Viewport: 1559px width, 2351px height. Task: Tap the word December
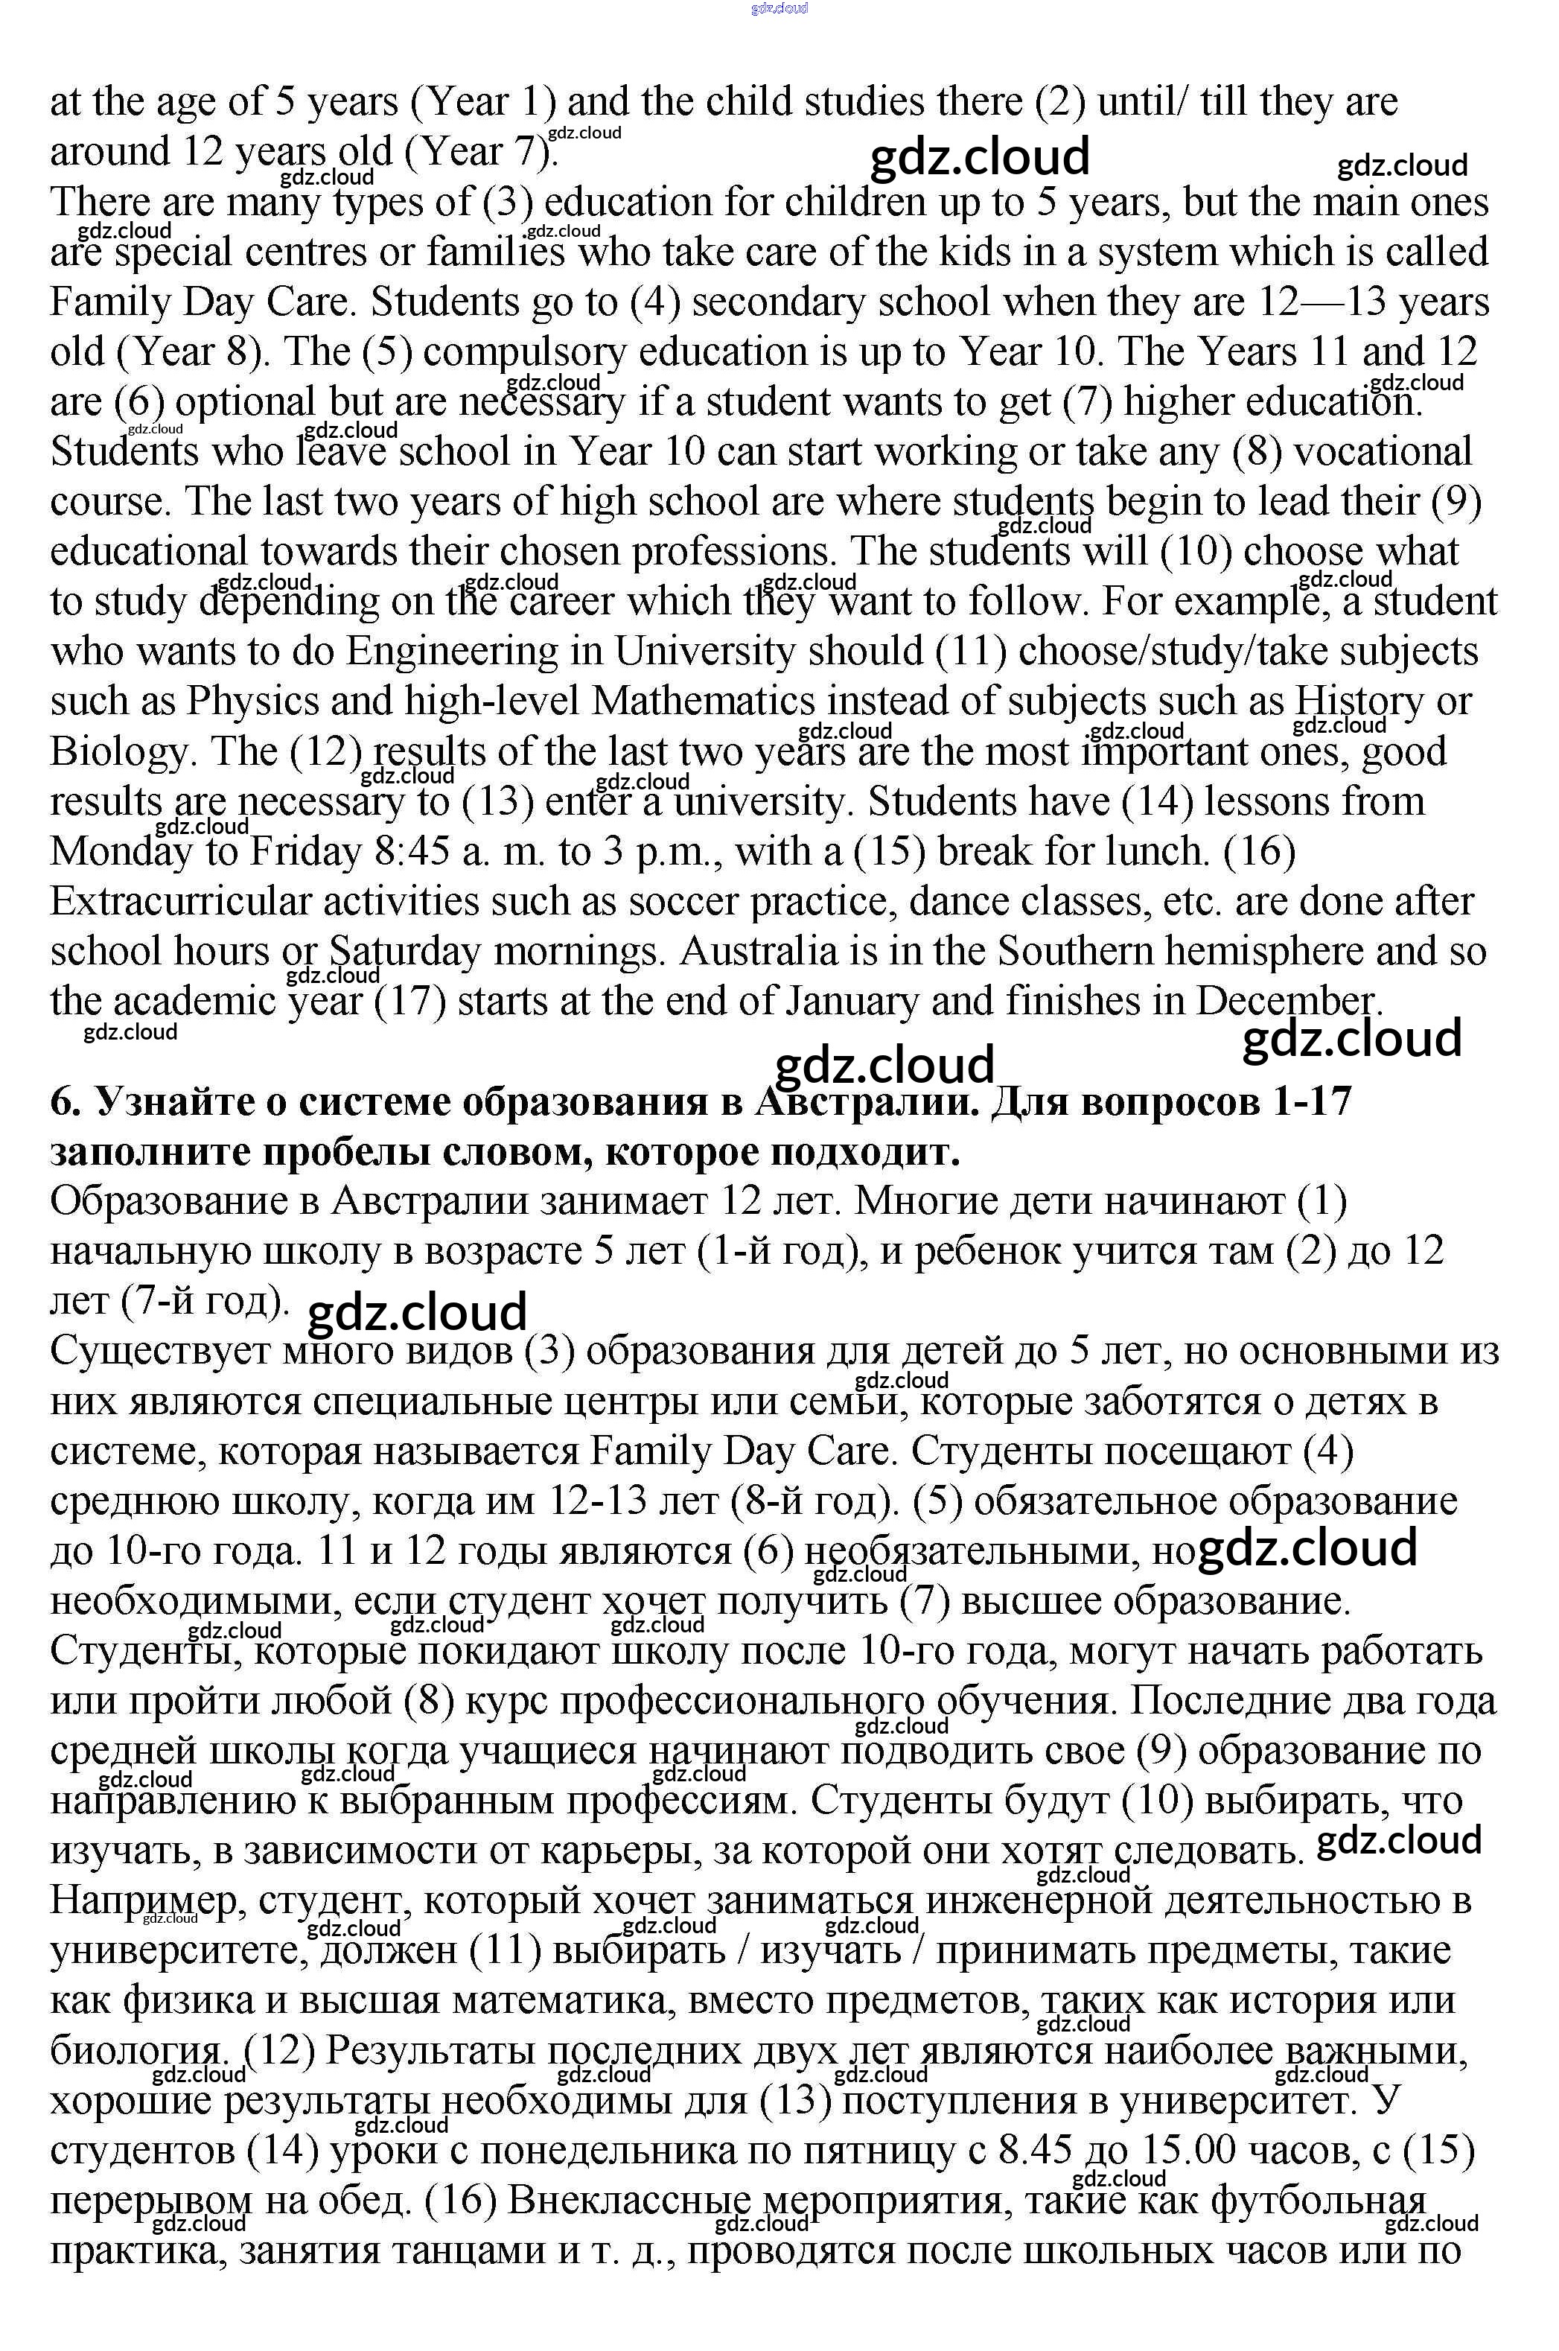(1287, 1002)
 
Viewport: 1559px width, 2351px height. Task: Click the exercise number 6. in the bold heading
(63, 1103)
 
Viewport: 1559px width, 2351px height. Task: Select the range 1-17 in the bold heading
(1311, 1103)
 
